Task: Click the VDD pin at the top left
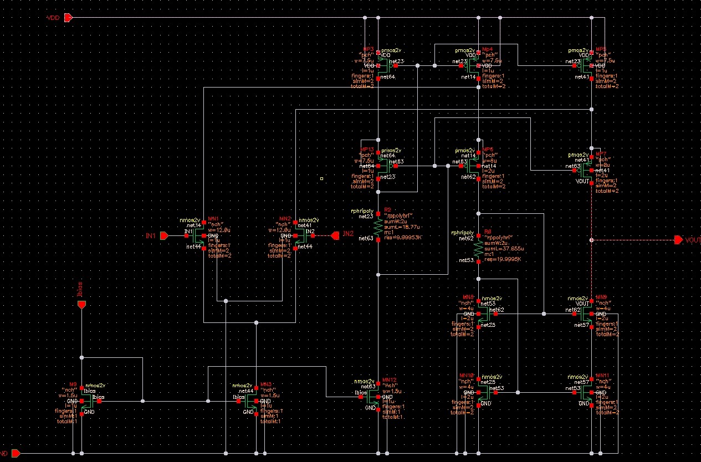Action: (68, 18)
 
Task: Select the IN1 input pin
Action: (165, 236)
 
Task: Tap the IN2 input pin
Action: (335, 236)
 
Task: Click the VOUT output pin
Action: (678, 240)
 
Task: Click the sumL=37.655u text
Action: (504, 249)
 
